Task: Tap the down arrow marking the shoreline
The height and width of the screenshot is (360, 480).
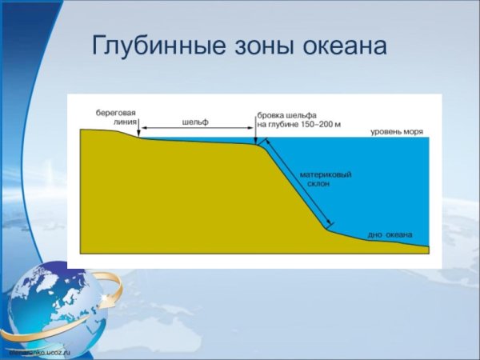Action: [139, 130]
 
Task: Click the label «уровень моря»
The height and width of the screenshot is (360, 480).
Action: [397, 131]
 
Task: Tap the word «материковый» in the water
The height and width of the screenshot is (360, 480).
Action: [326, 174]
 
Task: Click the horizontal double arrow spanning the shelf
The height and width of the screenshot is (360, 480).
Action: [196, 130]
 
